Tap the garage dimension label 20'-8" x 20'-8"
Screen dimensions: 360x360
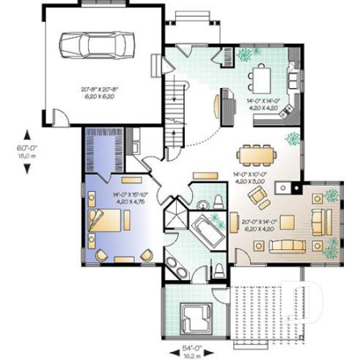[x=102, y=92]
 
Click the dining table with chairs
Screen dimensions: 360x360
[x=254, y=154]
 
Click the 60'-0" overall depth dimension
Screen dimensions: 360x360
[x=27, y=153]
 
